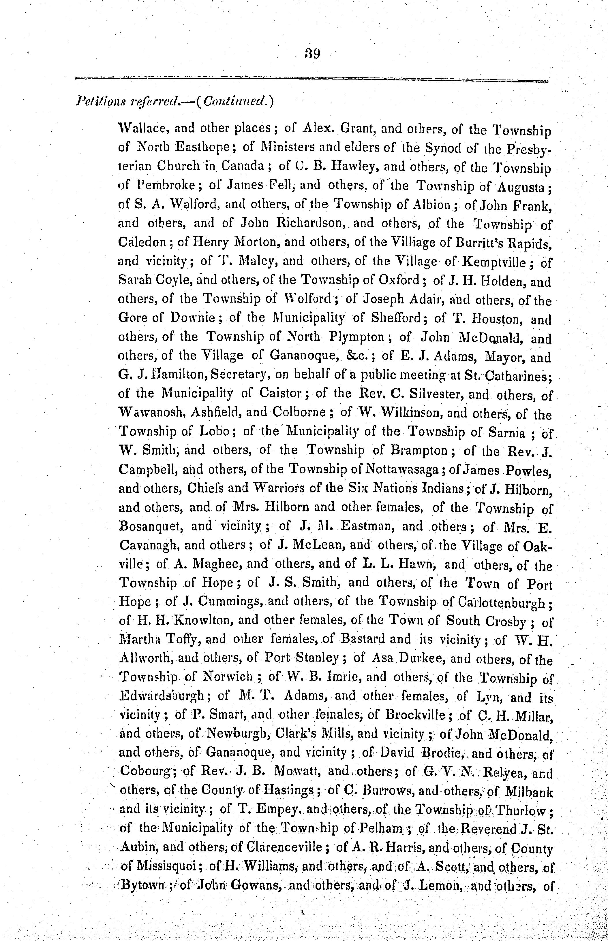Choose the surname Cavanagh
tap(148, 545)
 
